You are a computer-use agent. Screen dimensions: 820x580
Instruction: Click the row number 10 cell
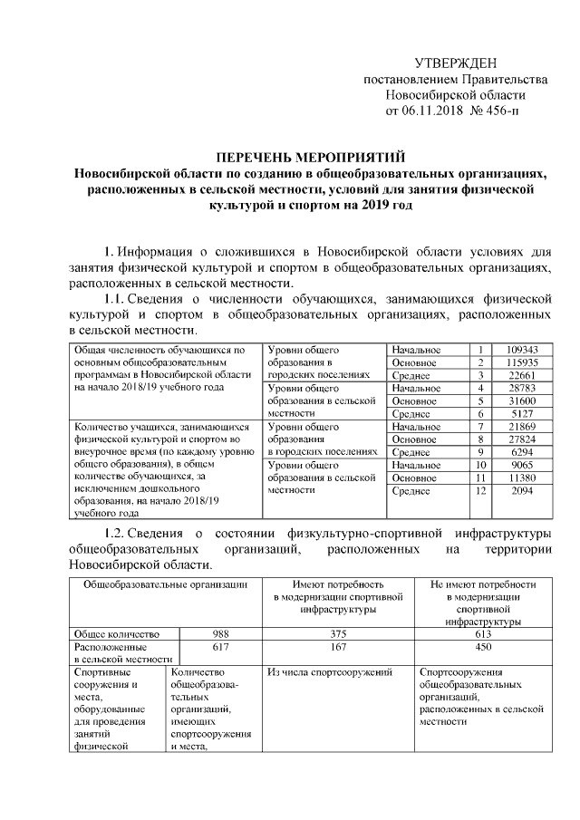tap(481, 464)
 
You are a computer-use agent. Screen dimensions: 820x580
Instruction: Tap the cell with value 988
tap(221, 633)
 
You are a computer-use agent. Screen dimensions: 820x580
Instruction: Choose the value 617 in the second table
tap(221, 648)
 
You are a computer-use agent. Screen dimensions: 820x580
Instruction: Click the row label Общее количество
tap(117, 633)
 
